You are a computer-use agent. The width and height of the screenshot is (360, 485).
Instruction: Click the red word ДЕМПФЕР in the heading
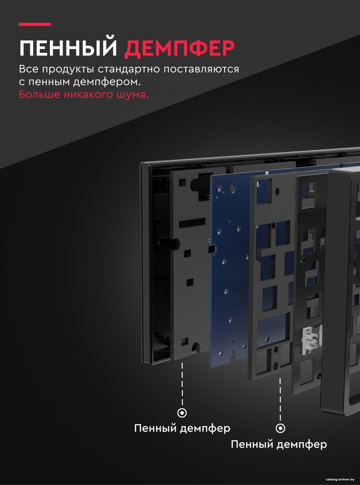[x=179, y=48]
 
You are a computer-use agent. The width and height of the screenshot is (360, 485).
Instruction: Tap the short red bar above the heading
[x=35, y=24]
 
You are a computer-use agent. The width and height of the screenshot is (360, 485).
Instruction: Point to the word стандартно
[x=130, y=70]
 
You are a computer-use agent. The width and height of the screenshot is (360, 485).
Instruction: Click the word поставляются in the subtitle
[x=202, y=69]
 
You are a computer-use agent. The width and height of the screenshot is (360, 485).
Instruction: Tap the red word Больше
[x=40, y=94]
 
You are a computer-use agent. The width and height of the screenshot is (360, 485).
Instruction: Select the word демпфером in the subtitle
[x=107, y=82]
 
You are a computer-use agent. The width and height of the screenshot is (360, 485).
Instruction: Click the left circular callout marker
[x=182, y=413]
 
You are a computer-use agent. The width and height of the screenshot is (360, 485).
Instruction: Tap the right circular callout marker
[x=281, y=428]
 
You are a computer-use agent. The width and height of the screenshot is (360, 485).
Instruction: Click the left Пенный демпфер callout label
[x=182, y=429]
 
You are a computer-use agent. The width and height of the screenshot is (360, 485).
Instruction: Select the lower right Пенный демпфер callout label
[x=279, y=444]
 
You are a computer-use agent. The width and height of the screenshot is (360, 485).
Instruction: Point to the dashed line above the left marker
[x=182, y=384]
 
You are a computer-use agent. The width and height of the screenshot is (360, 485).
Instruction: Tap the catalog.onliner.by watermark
[x=340, y=479]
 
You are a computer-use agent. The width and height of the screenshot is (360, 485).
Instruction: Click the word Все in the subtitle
[x=29, y=69]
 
